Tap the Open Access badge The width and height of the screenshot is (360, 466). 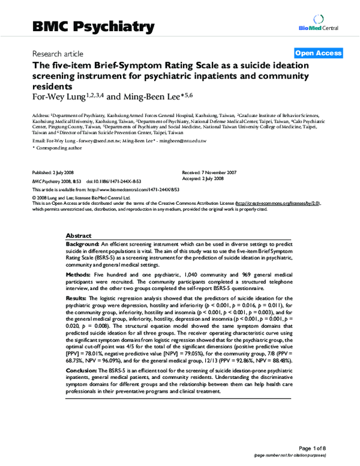click(x=318, y=53)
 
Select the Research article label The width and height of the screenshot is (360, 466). click(x=59, y=53)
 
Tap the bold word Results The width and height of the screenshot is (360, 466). click(x=77, y=298)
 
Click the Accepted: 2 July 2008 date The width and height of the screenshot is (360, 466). click(x=203, y=178)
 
